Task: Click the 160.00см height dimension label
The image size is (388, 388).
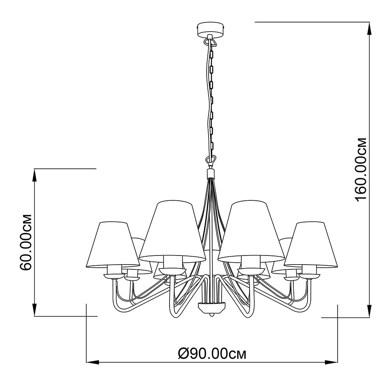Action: [360, 170]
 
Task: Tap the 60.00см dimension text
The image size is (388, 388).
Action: [26, 242]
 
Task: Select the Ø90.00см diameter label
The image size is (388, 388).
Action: [212, 354]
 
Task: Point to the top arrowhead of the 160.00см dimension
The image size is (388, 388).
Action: [370, 28]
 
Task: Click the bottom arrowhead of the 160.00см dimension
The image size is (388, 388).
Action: [370, 310]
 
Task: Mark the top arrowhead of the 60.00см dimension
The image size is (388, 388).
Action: [35, 175]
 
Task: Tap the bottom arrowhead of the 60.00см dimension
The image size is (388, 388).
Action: [35, 310]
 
